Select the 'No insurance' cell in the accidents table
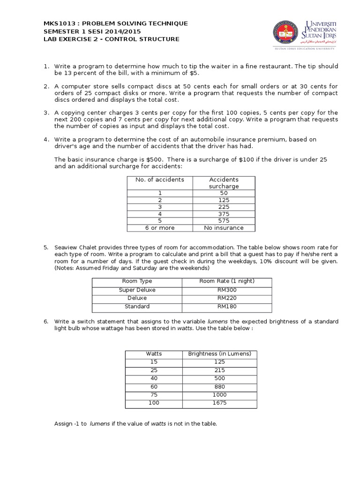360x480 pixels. click(x=224, y=228)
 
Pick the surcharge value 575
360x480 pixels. click(x=224, y=221)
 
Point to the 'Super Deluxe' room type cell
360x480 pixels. click(x=137, y=290)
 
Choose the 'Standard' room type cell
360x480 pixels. click(x=137, y=307)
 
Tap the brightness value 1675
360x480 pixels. click(x=219, y=403)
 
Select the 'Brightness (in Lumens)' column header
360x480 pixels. click(x=219, y=354)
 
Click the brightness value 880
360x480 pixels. click(x=219, y=386)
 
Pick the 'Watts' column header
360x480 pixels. click(x=154, y=354)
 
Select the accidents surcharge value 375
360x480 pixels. click(x=224, y=214)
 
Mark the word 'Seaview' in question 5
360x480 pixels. click(x=66, y=247)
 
